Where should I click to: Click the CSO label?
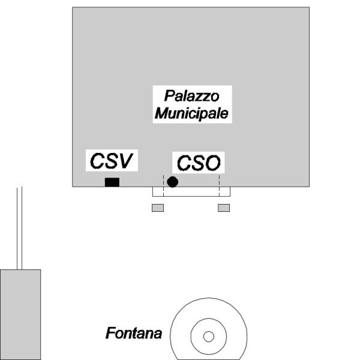(199, 163)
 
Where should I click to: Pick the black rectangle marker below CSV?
(112, 182)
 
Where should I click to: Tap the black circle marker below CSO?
(173, 182)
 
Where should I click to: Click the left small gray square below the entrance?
(158, 208)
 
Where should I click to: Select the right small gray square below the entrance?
(224, 208)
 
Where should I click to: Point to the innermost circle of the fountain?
(208, 336)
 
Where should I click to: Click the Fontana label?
(134, 332)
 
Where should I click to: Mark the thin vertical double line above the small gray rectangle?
(20, 228)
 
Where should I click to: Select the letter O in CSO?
(214, 163)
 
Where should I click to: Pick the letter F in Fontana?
(110, 332)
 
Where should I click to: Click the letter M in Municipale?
(161, 113)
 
